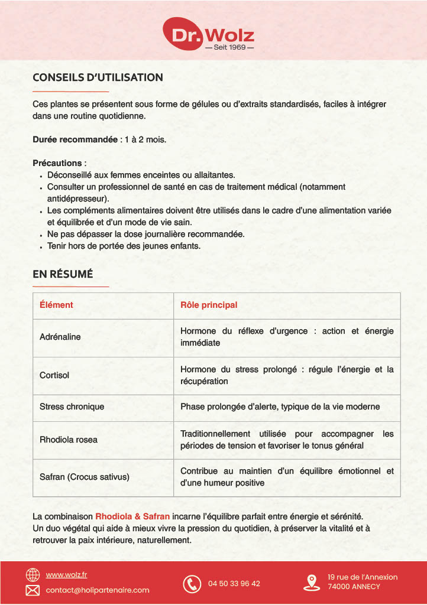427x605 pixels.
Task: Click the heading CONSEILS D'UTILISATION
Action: (x=98, y=77)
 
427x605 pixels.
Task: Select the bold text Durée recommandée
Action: (x=75, y=140)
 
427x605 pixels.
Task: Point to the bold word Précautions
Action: (x=57, y=162)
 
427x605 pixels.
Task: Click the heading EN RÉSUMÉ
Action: (x=63, y=274)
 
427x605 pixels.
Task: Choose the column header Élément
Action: (x=56, y=305)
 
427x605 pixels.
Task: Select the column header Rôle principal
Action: (x=209, y=305)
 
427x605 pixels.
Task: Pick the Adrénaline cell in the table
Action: (x=60, y=337)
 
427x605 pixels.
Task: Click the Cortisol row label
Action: (x=54, y=375)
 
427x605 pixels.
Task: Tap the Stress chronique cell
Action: (x=72, y=406)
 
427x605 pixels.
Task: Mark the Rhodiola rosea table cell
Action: (x=69, y=440)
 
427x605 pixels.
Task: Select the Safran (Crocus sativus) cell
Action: (x=85, y=476)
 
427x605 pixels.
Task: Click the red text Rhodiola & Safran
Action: (x=132, y=516)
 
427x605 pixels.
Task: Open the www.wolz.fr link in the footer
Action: (x=67, y=575)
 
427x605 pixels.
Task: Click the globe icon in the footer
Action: (x=33, y=575)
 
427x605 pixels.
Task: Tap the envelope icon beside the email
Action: (x=33, y=590)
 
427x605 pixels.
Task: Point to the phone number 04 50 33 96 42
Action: (x=234, y=584)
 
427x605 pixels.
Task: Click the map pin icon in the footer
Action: (x=311, y=583)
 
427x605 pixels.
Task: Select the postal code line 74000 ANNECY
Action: (x=354, y=587)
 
